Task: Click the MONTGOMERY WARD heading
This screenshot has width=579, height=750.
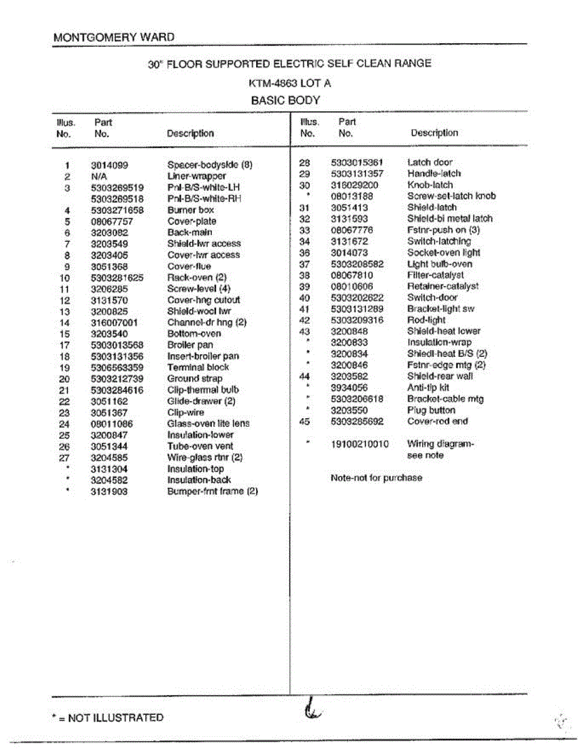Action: click(x=114, y=37)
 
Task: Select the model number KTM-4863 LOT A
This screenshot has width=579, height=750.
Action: click(x=289, y=82)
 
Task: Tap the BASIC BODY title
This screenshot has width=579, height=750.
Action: click(x=285, y=100)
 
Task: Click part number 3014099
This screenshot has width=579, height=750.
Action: click(x=109, y=166)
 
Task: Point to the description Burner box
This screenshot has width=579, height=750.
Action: click(x=191, y=210)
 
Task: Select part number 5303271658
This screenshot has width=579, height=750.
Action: click(x=117, y=210)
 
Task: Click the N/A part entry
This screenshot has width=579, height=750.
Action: click(x=99, y=177)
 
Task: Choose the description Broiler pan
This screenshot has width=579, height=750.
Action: click(x=190, y=345)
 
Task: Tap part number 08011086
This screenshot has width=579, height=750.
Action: click(x=112, y=424)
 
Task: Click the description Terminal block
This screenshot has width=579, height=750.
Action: click(x=198, y=367)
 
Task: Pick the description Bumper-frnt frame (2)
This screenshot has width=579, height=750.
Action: click(x=212, y=491)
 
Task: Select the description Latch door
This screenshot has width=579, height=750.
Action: click(x=430, y=162)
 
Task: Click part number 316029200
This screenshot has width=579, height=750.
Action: click(x=354, y=185)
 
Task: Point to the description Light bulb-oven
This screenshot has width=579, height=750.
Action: click(x=440, y=264)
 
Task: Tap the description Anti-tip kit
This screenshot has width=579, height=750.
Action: click(x=428, y=387)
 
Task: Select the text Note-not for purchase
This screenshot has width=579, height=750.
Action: click(x=376, y=478)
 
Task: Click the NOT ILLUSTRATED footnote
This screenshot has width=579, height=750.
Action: click(x=107, y=717)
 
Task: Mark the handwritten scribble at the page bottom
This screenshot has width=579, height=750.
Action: click(x=311, y=711)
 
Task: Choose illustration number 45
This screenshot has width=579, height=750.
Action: click(x=305, y=421)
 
